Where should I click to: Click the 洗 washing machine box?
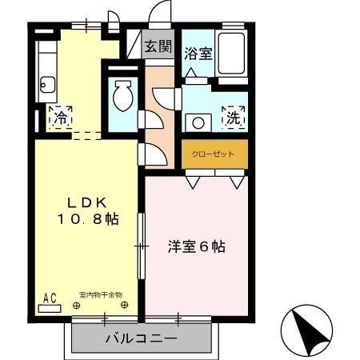click(x=233, y=117)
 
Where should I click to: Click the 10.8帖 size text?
click(x=87, y=219)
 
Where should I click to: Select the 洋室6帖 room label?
click(x=196, y=246)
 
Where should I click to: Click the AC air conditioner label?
click(x=50, y=298)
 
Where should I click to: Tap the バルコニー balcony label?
click(x=141, y=338)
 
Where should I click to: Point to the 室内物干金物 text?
click(x=101, y=295)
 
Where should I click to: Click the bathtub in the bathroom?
click(x=233, y=54)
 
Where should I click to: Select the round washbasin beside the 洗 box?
click(x=196, y=122)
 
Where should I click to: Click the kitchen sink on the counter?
click(x=47, y=83)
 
